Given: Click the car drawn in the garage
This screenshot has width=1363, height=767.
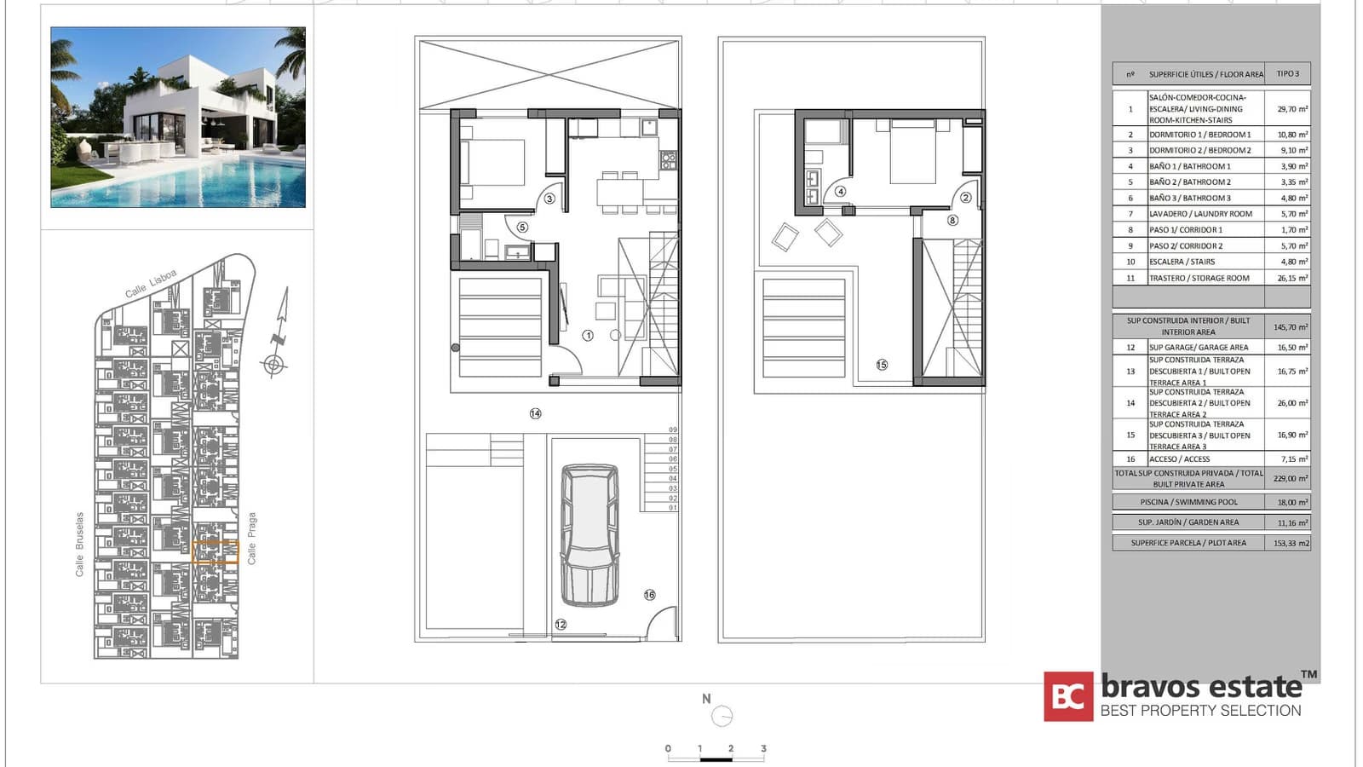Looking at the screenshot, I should (589, 534).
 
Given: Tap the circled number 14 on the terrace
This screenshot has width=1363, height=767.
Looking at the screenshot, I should (535, 413).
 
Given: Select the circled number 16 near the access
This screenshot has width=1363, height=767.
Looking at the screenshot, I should (650, 595).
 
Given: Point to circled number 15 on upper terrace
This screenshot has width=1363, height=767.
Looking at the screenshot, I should (882, 365).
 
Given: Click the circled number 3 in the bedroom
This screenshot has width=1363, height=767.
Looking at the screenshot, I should (549, 199).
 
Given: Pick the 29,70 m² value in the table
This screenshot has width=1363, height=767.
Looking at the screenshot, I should (1291, 109).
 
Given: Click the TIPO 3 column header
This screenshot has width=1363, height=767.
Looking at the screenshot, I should (1287, 74).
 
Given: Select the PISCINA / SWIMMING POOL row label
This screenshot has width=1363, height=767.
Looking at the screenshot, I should (1188, 502).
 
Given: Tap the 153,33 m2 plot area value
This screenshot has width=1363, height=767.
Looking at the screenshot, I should (1291, 543).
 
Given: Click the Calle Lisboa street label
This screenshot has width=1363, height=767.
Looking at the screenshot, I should (151, 283).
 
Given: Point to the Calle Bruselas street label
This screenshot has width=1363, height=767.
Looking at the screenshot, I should (80, 545).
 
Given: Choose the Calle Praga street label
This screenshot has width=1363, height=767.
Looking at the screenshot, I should (251, 538).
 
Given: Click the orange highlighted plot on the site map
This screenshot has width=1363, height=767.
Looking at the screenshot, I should (215, 552).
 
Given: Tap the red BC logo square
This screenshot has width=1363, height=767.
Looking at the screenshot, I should (1068, 697).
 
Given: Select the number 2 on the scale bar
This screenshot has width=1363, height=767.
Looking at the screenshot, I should (730, 748).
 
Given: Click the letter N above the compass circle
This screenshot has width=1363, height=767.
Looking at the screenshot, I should (706, 699).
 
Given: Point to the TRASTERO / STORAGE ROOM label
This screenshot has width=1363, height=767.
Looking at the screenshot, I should (1199, 278).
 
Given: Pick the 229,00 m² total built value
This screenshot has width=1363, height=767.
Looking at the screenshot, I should (1291, 479).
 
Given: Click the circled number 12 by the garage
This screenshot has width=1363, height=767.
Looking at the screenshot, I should (561, 625).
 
